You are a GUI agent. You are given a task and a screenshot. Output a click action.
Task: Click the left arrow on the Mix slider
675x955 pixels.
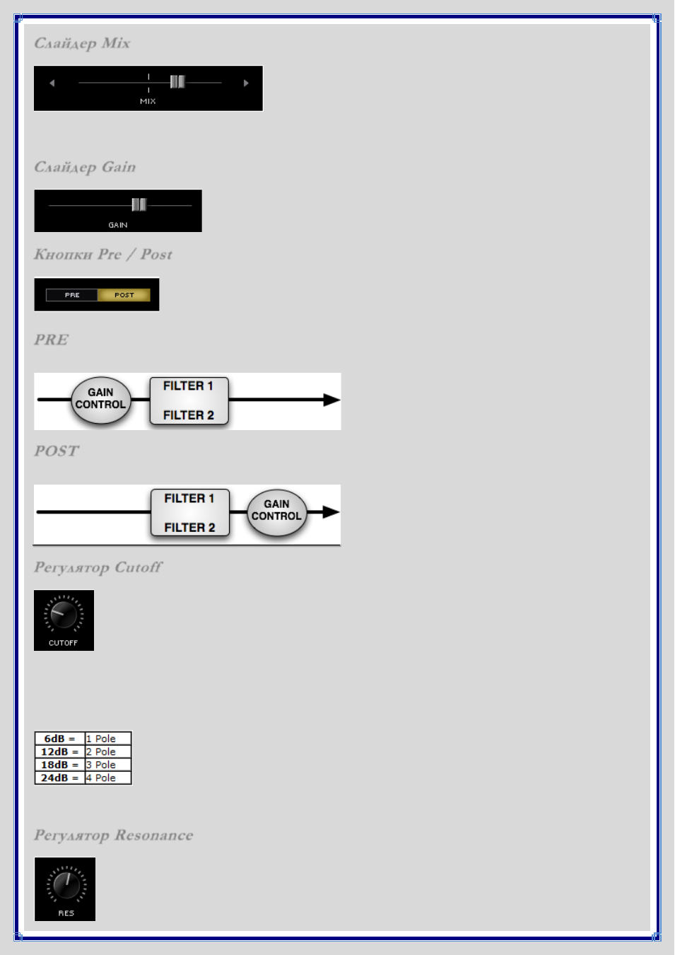click(x=52, y=83)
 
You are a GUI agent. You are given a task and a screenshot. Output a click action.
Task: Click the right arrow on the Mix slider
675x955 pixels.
click(x=246, y=83)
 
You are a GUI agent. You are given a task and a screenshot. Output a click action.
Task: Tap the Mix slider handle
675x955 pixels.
click(x=177, y=81)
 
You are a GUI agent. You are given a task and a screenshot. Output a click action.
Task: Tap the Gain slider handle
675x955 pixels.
click(x=139, y=204)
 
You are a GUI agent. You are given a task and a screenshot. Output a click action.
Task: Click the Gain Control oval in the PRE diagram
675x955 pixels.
click(x=100, y=400)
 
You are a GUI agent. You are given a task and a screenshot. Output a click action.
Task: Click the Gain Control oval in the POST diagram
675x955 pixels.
click(x=277, y=512)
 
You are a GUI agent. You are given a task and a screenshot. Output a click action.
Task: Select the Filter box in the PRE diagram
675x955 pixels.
click(x=189, y=400)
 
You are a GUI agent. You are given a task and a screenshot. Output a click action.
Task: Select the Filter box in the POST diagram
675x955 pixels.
click(x=190, y=512)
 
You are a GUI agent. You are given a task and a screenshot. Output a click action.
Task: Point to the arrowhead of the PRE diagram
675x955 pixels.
click(x=331, y=400)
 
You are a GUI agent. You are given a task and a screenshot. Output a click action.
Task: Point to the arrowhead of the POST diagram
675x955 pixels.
click(x=331, y=512)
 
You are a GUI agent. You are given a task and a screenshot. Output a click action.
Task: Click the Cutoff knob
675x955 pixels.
click(x=64, y=615)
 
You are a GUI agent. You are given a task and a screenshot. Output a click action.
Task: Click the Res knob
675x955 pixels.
click(x=66, y=885)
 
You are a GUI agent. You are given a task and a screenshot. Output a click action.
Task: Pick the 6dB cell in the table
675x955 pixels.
click(x=60, y=739)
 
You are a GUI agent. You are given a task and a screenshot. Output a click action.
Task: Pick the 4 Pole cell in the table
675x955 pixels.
click(x=108, y=778)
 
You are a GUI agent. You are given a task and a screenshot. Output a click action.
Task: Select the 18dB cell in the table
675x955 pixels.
click(x=60, y=765)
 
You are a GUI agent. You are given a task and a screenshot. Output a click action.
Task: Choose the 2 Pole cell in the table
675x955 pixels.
click(x=108, y=752)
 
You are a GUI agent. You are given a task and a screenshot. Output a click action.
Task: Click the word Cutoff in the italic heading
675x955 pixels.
click(x=139, y=567)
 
